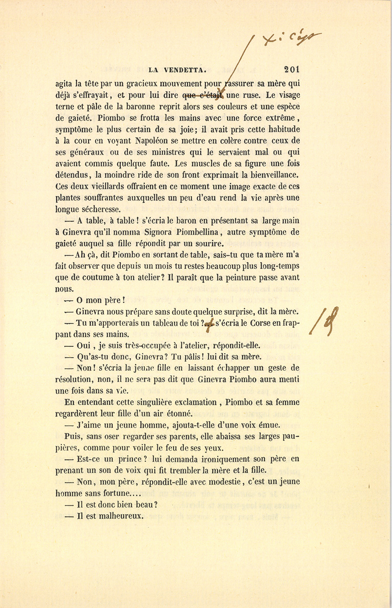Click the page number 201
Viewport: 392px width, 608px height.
pos(291,69)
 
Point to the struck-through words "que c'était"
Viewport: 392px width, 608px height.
pos(203,95)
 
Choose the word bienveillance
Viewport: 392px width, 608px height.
pos(271,175)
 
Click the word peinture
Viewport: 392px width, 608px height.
pos(233,277)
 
